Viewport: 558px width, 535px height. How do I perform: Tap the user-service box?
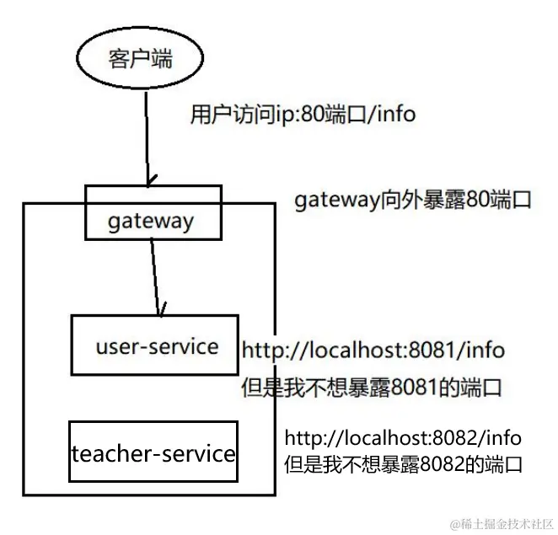click(x=155, y=345)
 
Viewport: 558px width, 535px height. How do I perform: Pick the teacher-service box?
click(x=153, y=453)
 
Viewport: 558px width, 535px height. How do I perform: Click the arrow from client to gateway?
click(x=148, y=135)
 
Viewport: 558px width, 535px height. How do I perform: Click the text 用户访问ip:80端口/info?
click(x=303, y=114)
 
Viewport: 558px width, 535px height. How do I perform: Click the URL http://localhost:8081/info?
click(x=375, y=350)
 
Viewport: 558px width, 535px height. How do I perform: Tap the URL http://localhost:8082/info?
click(x=403, y=438)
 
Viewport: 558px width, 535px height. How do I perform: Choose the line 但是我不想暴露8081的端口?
click(x=372, y=388)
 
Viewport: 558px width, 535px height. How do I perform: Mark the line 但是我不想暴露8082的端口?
click(x=404, y=463)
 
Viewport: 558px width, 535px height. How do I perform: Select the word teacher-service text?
click(x=153, y=453)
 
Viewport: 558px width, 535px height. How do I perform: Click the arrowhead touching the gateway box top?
click(x=150, y=180)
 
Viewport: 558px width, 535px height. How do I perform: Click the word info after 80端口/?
click(x=395, y=114)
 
